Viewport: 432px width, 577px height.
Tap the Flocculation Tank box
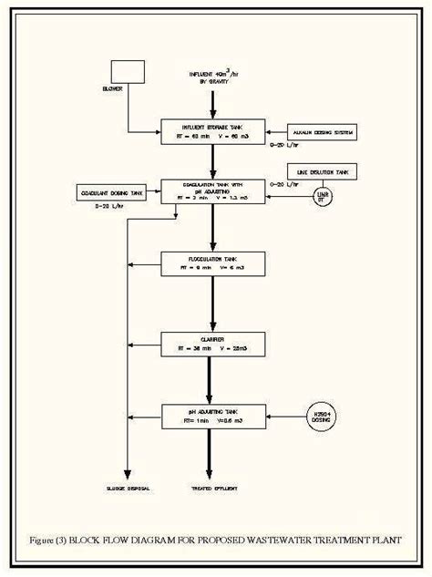click(x=212, y=264)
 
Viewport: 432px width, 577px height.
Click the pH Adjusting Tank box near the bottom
click(x=212, y=417)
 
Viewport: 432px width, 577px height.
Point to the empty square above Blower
click(x=127, y=72)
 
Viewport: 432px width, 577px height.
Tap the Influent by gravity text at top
click(x=211, y=77)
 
